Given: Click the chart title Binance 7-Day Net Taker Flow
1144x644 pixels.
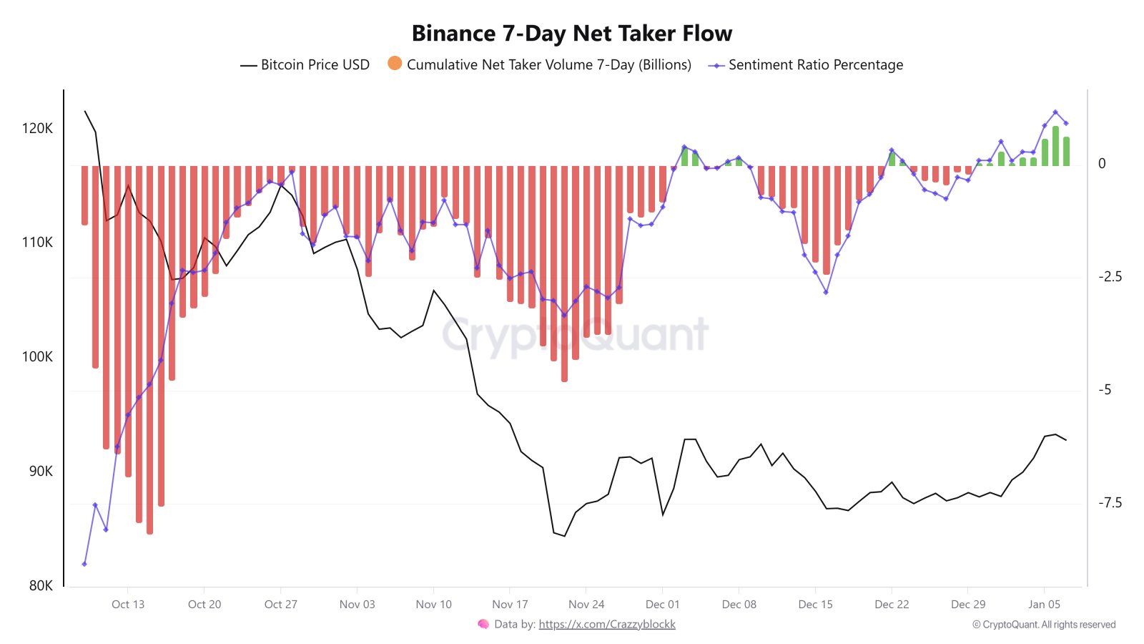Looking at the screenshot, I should tap(571, 34).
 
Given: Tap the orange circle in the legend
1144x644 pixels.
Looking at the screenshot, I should tap(395, 64).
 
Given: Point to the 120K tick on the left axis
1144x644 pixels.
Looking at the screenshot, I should tap(37, 129).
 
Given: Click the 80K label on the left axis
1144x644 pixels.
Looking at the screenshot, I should tap(41, 585).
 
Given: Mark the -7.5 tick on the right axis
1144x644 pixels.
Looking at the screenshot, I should tap(1110, 503).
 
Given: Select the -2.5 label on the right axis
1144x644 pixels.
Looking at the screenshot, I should tap(1110, 277).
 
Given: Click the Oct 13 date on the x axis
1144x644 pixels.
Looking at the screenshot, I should tap(128, 605).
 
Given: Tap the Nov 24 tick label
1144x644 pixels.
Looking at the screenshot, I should tap(586, 605).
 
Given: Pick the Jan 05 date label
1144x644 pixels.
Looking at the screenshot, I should tap(1044, 605).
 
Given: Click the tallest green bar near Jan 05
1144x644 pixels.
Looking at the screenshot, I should tap(1055, 147).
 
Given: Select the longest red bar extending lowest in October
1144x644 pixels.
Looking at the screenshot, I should tap(149, 351).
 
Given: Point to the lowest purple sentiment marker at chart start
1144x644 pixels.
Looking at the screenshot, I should tap(84, 564).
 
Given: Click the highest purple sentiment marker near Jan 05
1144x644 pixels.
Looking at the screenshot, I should tap(1055, 112).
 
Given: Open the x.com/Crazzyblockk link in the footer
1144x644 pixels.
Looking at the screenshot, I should tap(606, 624).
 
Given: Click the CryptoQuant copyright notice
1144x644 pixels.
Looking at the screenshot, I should tap(1044, 625).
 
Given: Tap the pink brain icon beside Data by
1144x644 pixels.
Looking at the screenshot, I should tap(483, 624).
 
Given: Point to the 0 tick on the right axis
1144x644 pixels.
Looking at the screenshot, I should tap(1102, 164).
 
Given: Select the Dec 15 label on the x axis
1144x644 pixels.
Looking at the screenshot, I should tap(815, 605).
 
